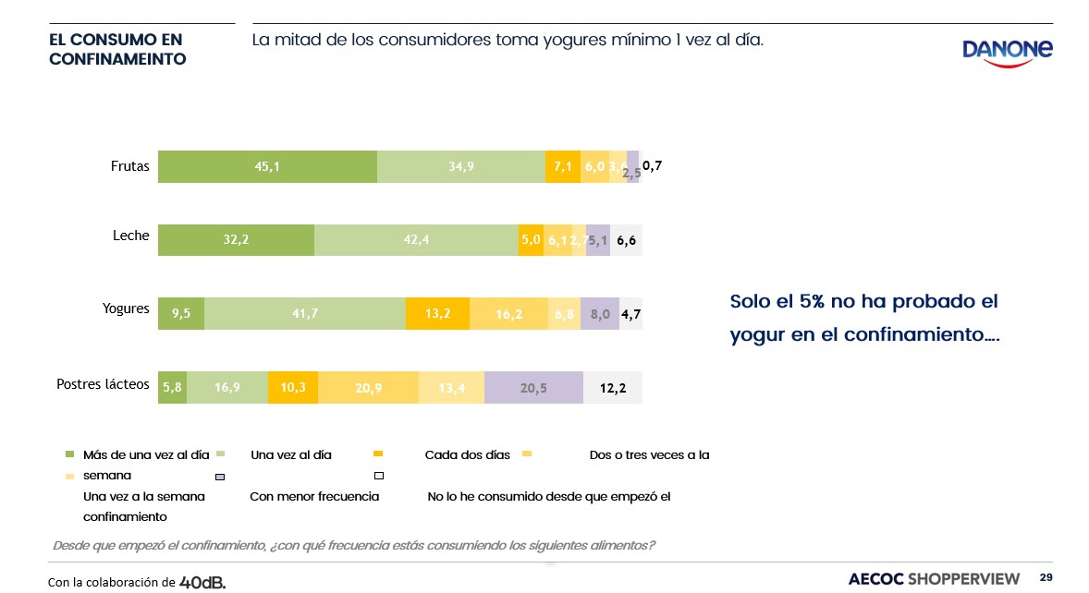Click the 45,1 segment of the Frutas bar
(x=267, y=166)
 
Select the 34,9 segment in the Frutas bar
(x=461, y=166)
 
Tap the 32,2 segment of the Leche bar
(x=236, y=240)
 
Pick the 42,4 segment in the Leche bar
(x=416, y=240)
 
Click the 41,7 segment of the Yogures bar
(x=305, y=314)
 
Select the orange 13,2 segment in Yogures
(x=437, y=314)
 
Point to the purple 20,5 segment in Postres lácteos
(x=533, y=388)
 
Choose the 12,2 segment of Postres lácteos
(x=613, y=388)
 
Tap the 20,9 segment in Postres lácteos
(x=369, y=388)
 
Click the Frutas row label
(x=128, y=167)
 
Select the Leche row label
(x=130, y=236)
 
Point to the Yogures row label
(x=126, y=309)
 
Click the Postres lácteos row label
(x=103, y=383)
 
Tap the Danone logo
(x=1007, y=52)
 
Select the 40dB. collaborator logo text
(x=202, y=582)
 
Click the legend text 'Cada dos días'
(x=467, y=454)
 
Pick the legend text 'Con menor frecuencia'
(x=314, y=496)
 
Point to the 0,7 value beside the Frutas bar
(x=653, y=166)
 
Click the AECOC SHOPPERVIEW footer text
(x=934, y=578)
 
